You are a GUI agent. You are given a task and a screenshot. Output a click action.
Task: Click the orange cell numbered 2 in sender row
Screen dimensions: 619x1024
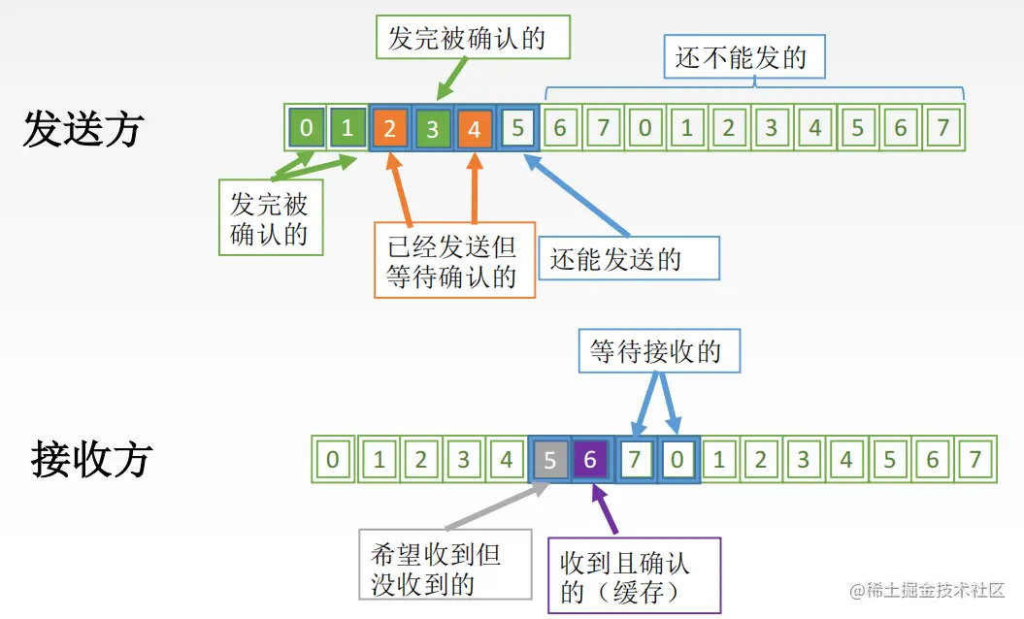pyautogui.click(x=390, y=129)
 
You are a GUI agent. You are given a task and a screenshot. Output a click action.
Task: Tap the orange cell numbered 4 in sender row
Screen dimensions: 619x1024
pyautogui.click(x=474, y=129)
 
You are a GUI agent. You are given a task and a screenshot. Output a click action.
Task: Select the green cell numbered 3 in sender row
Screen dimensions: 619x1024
pyautogui.click(x=432, y=129)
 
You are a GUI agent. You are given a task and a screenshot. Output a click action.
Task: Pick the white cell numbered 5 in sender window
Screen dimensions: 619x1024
pyautogui.click(x=517, y=129)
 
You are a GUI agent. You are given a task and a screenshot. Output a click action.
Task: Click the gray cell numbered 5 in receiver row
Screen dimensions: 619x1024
pyautogui.click(x=549, y=459)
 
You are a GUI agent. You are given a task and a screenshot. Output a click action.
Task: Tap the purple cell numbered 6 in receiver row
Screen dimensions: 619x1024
pyautogui.click(x=590, y=459)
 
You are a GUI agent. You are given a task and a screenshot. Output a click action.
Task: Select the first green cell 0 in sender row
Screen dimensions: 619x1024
pyautogui.click(x=307, y=128)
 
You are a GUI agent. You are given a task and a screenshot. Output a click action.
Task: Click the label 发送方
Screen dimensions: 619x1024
pyautogui.click(x=83, y=130)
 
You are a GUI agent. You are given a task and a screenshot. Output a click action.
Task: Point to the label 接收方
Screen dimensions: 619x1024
pyautogui.click(x=91, y=459)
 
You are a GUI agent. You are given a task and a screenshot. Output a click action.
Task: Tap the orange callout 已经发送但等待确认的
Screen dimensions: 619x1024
pyautogui.click(x=454, y=260)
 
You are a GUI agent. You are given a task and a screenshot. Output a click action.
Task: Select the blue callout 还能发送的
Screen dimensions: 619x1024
pyautogui.click(x=628, y=258)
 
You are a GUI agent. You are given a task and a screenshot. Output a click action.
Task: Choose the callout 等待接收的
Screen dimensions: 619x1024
pyautogui.click(x=659, y=350)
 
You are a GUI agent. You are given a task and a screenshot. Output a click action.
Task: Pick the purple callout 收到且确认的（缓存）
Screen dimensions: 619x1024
pyautogui.click(x=634, y=574)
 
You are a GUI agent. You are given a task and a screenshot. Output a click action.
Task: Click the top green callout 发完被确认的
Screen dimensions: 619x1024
pyautogui.click(x=466, y=39)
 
